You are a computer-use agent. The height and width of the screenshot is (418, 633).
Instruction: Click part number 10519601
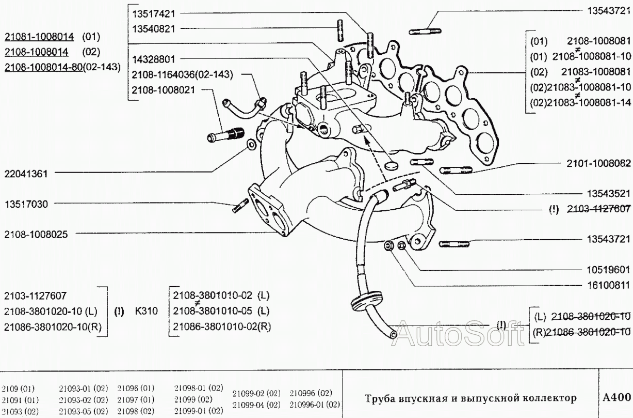(x=609, y=269)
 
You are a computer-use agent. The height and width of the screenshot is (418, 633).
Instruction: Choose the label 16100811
(x=609, y=285)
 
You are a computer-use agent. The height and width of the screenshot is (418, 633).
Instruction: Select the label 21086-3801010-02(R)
(x=222, y=326)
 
